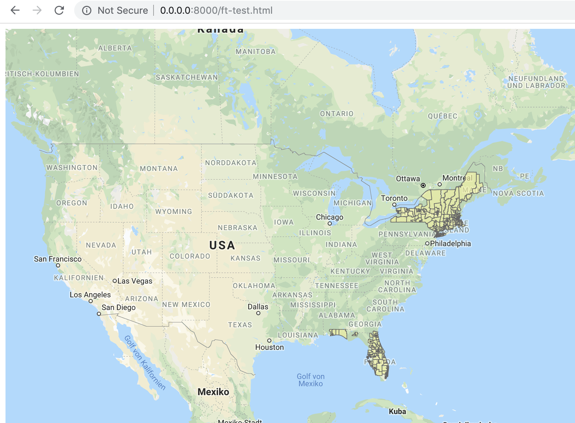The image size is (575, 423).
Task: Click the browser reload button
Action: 59,10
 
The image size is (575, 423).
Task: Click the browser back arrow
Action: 15,10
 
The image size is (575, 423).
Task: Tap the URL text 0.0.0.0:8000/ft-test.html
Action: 216,10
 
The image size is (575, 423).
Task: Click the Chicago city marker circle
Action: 330,224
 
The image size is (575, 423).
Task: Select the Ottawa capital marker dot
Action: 423,185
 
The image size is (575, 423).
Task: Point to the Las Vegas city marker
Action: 115,281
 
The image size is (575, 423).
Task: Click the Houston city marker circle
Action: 269,341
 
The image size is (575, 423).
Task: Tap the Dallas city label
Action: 258,307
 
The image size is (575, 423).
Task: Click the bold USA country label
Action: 222,245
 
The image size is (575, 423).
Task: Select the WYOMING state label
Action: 173,211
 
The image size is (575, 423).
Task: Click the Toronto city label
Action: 394,198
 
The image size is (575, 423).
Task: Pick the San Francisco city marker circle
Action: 58,265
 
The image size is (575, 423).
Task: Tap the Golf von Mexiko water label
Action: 311,380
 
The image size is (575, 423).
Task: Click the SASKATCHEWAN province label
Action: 187,77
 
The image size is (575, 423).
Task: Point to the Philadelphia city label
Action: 450,243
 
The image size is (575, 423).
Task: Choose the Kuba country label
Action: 397,411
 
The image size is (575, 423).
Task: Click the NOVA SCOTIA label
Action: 518,193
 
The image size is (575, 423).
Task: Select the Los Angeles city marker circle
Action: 91,301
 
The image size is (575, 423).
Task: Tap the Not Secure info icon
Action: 87,10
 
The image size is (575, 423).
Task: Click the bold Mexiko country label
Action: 213,392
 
